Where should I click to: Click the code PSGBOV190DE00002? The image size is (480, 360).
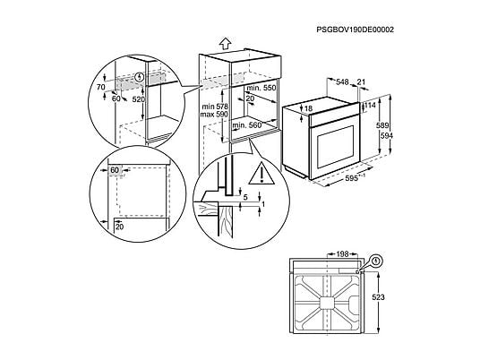pos(356,30)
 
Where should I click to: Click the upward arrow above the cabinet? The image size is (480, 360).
pos(225,44)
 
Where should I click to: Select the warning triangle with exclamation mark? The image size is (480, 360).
pos(261,174)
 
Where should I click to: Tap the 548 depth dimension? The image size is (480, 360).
pos(342,82)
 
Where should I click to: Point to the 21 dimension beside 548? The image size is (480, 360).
pos(361,81)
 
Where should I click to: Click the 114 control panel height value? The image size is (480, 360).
pos(370,106)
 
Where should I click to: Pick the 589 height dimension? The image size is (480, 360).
pos(382,125)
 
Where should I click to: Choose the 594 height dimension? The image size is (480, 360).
pos(386,135)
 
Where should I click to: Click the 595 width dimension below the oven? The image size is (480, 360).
pos(351,178)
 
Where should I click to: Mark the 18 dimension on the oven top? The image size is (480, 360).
pos(309,108)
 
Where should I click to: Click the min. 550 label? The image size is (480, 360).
pos(261,88)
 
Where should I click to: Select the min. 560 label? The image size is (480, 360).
pos(247,125)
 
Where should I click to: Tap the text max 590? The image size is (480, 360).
pos(214,115)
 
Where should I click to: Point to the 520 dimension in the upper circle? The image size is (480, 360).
pos(139,99)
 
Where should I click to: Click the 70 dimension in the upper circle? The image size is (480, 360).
pos(101,88)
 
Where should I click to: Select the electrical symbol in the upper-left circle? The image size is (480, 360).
pos(140,76)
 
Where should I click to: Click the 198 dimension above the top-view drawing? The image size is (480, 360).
pos(342,254)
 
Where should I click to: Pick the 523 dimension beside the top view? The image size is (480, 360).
pos(379,297)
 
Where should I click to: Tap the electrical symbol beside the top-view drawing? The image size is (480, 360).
pos(376,261)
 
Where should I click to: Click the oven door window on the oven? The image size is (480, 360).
pos(336,146)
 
